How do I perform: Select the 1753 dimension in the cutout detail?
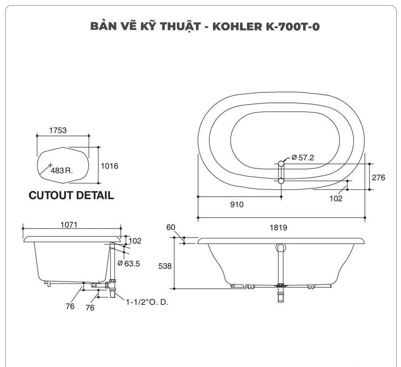[58, 130]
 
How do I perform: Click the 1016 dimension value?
[109, 166]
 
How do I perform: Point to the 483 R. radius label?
[62, 170]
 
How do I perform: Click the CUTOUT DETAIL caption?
[71, 195]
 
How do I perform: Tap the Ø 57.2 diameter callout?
[303, 158]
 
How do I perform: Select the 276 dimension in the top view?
[378, 177]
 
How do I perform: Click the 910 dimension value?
[237, 205]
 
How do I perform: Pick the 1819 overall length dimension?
[278, 227]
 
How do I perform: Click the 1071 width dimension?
[69, 225]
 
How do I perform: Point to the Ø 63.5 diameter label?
[129, 264]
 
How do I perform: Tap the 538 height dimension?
[165, 266]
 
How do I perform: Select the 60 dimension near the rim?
[171, 227]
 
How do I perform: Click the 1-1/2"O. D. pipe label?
[147, 302]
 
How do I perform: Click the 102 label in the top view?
[336, 198]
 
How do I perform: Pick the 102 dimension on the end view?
[135, 241]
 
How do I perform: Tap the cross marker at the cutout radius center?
[50, 165]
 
